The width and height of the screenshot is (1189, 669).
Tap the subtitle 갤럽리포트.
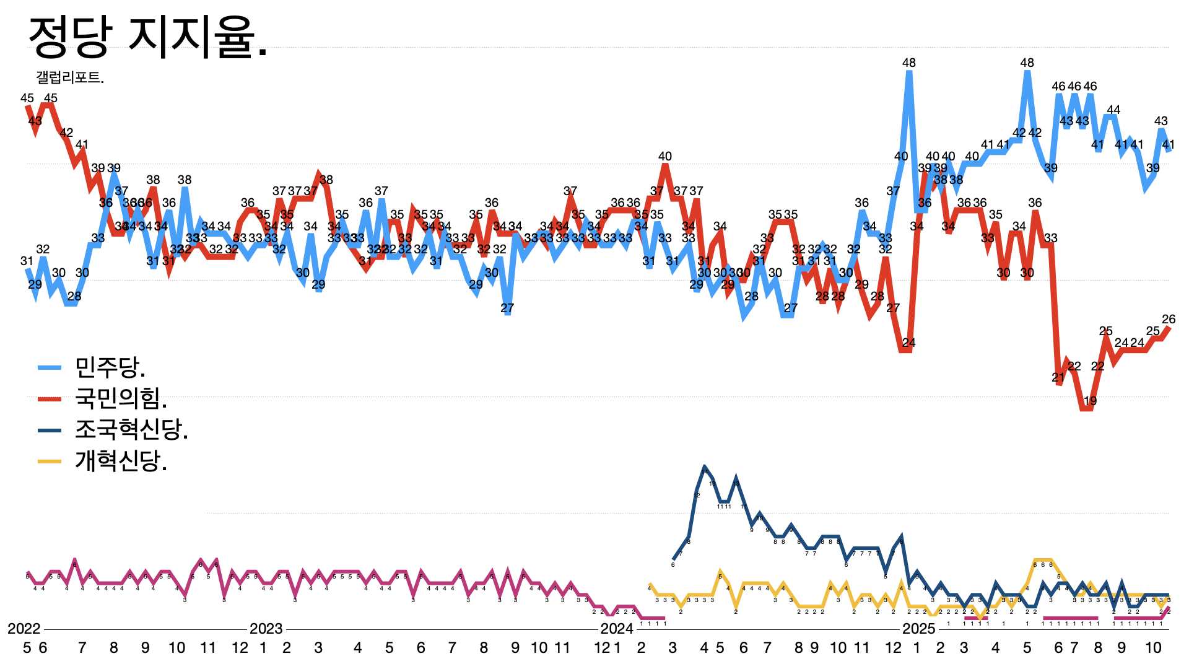click(70, 77)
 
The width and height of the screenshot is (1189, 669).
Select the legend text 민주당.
click(110, 367)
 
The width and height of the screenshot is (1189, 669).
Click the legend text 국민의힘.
click(121, 398)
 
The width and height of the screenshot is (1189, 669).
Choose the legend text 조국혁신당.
click(131, 429)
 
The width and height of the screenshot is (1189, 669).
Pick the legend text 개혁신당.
click(121, 460)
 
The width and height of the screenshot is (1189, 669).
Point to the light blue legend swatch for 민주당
click(50, 367)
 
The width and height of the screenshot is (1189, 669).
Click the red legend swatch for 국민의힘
click(50, 398)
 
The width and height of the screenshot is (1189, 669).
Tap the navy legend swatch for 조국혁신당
click(50, 430)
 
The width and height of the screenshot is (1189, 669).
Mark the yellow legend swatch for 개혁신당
click(50, 461)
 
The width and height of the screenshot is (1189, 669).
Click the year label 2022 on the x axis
click(24, 629)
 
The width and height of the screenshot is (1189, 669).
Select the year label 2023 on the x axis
click(266, 629)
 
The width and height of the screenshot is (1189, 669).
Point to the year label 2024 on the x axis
click(617, 629)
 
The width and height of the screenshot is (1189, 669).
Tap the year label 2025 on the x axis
click(918, 629)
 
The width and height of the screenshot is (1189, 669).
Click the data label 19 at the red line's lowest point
click(1091, 401)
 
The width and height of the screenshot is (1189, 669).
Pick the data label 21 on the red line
click(1058, 377)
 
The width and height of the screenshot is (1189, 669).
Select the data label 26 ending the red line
click(1169, 320)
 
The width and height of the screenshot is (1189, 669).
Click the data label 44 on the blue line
click(1113, 110)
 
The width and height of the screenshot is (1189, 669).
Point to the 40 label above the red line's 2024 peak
click(665, 156)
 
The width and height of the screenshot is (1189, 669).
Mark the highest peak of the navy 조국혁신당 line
click(705, 466)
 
